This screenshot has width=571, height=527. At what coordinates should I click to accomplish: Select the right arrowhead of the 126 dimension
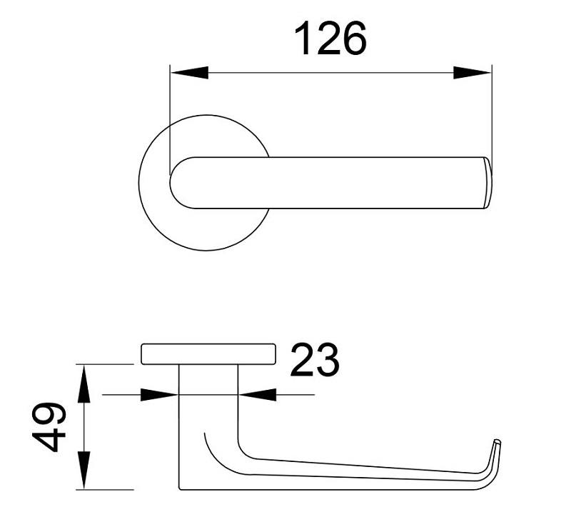473,73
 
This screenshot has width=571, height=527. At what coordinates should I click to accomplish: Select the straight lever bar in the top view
371,183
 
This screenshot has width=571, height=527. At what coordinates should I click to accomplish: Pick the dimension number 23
314,361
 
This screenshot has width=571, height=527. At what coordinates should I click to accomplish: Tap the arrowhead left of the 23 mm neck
160,394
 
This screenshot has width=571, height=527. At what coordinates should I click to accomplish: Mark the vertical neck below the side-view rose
207,400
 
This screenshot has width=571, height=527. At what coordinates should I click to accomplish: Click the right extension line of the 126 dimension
492,107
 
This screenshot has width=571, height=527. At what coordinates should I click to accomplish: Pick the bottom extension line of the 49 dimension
107,490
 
